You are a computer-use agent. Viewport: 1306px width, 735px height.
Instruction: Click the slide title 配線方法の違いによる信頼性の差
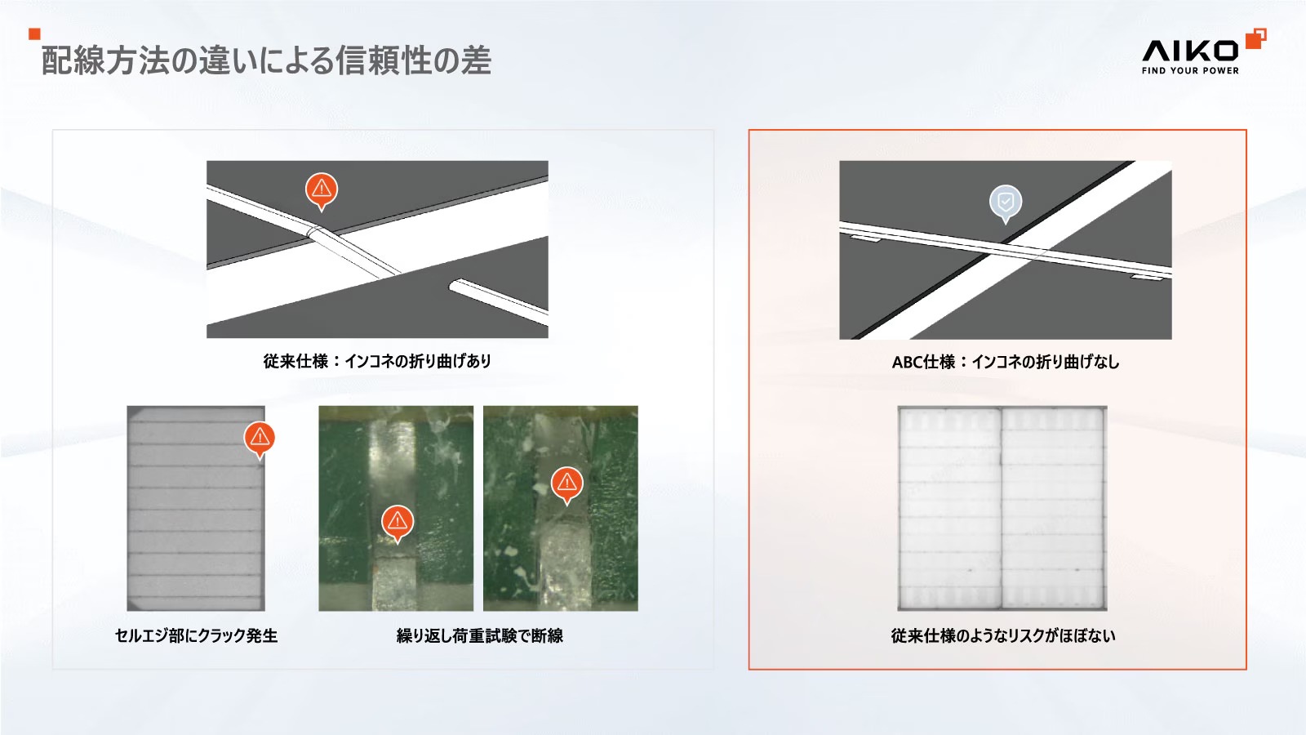click(x=266, y=60)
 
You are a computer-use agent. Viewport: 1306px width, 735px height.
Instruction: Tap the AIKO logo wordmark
click(x=1189, y=51)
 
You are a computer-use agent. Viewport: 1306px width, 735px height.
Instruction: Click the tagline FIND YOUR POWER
click(x=1190, y=70)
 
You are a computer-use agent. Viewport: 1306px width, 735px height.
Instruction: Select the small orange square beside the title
click(x=34, y=33)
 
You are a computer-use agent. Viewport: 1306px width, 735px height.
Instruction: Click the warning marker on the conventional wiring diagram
click(x=322, y=191)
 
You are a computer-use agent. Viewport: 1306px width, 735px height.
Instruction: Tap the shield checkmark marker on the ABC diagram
click(x=1005, y=203)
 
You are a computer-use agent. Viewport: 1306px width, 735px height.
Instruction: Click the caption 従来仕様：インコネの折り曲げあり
click(x=377, y=361)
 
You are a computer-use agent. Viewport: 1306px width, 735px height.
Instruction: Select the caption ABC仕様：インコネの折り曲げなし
click(x=1006, y=363)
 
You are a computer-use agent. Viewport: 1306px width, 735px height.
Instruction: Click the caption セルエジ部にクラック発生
click(x=196, y=635)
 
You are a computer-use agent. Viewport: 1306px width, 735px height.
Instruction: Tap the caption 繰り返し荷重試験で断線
click(x=479, y=635)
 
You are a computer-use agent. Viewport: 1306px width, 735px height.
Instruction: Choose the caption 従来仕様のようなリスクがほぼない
click(x=1003, y=635)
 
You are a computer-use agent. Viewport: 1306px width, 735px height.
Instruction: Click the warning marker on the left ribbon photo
click(x=398, y=523)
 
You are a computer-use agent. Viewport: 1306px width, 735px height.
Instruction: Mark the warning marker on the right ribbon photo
click(x=566, y=484)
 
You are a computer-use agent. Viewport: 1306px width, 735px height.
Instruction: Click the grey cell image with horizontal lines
click(x=196, y=508)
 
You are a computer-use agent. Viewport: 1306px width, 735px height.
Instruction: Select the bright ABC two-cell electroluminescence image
click(x=1002, y=508)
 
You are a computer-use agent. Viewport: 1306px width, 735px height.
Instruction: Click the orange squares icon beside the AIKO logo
click(x=1256, y=38)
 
